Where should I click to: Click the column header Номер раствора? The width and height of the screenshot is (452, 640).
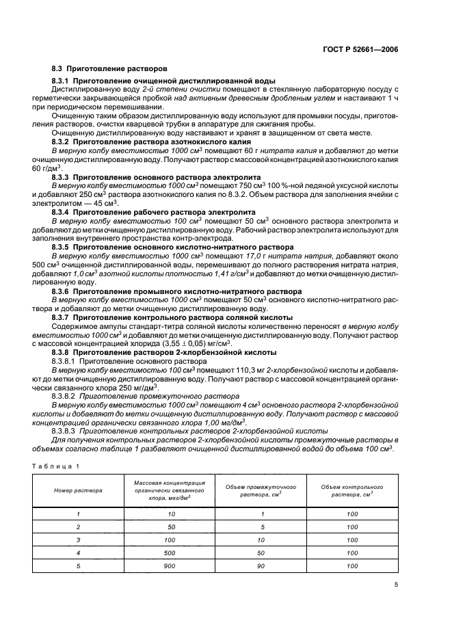tap(79, 490)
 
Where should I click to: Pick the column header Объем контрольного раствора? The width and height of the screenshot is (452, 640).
tap(352, 490)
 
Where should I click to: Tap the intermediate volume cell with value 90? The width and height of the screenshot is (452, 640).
tap(261, 566)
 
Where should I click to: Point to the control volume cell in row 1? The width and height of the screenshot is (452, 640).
tap(352, 514)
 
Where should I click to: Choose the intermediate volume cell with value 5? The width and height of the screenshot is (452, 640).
tap(261, 527)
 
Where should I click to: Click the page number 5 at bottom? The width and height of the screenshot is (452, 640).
tap(396, 585)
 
